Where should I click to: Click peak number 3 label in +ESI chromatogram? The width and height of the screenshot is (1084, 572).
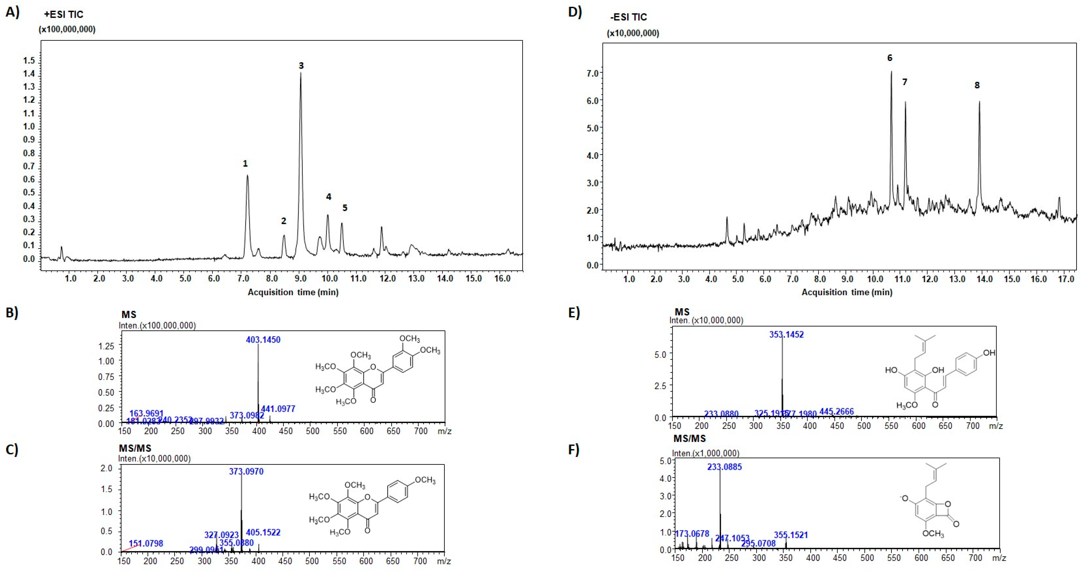click(x=301, y=66)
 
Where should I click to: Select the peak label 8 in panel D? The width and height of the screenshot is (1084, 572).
click(x=977, y=85)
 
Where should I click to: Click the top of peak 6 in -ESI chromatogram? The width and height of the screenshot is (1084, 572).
click(x=891, y=72)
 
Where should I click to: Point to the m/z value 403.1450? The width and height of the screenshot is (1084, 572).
click(x=263, y=340)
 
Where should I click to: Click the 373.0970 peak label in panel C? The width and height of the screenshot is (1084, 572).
click(x=246, y=471)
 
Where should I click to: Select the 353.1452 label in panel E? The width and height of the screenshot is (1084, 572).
click(x=786, y=335)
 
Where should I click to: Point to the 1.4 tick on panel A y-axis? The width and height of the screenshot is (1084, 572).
click(x=29, y=74)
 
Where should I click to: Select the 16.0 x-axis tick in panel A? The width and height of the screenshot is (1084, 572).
click(x=502, y=278)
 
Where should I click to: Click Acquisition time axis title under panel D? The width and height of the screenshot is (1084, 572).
click(x=847, y=292)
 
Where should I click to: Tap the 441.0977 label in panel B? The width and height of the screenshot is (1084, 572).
click(x=278, y=408)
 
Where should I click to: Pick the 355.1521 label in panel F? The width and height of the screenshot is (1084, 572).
click(x=791, y=535)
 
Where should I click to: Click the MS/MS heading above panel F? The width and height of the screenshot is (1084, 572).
click(x=689, y=438)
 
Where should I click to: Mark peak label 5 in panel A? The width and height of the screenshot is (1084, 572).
click(x=345, y=208)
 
